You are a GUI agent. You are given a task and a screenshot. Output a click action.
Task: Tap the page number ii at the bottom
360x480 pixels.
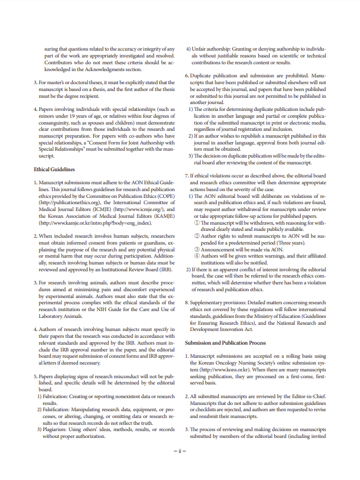[180, 450]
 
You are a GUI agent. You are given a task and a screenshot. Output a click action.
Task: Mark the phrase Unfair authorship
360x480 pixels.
[212, 49]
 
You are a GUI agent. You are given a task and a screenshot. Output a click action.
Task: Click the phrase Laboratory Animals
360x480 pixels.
[62, 315]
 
